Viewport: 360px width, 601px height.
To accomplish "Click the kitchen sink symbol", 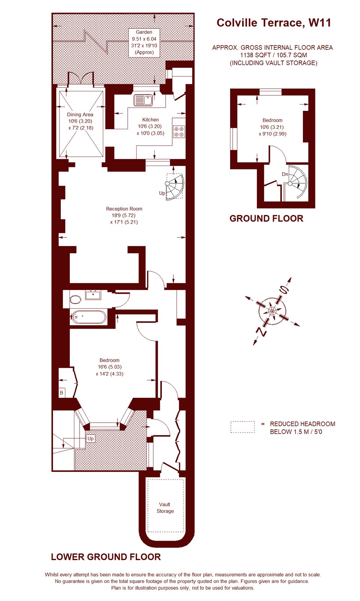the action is coord(143,100).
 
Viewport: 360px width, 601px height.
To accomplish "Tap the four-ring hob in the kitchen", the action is coord(179,131).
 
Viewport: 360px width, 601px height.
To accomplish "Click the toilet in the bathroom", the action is coord(75,299).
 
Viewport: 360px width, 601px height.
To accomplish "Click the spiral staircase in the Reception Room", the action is coord(175,187).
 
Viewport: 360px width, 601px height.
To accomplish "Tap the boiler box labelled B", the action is coord(62,393).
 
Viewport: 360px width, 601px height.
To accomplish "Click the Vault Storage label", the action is coord(165,508).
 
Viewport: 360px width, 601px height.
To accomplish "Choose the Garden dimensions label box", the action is coord(144,42).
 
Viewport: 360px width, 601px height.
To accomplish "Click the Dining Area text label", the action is coord(80,115).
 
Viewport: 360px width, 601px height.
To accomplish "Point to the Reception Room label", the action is coord(124,209).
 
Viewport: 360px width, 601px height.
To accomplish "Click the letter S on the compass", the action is coord(283,290).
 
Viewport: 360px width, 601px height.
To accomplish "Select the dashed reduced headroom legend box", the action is coord(243,427).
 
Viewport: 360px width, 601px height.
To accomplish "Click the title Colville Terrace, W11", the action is coord(274,23).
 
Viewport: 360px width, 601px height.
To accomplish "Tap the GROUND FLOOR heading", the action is coord(266,218).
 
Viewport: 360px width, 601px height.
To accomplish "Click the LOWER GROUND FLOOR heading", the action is coord(106,557).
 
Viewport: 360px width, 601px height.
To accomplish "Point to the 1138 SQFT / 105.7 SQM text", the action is coord(273,55).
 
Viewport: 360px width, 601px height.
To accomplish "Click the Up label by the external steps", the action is coord(90,438).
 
